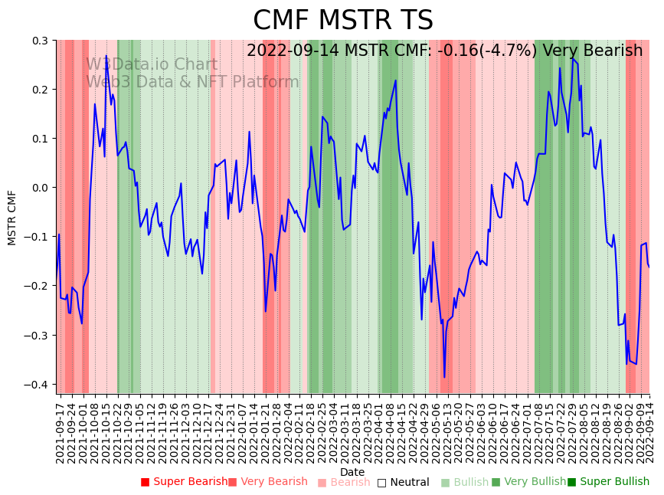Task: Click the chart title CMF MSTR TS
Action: click(343, 21)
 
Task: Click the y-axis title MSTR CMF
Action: click(12, 218)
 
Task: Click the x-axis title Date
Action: click(352, 472)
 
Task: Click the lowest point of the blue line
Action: click(444, 377)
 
